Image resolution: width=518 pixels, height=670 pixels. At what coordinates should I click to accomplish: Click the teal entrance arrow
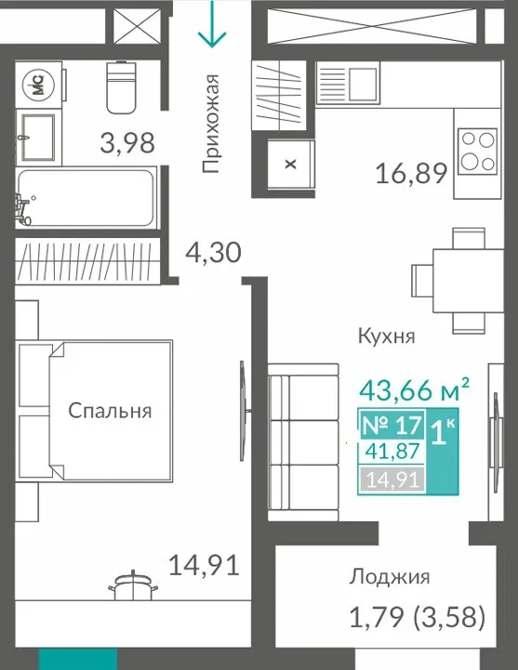212,22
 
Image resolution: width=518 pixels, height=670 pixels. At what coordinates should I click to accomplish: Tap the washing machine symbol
39,85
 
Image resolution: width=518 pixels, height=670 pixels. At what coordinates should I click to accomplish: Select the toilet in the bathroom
121,87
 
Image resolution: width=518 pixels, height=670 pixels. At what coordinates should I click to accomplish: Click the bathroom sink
38,138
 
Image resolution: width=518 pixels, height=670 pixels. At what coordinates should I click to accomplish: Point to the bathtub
86,198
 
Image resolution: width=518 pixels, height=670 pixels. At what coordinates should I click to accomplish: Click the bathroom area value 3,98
127,143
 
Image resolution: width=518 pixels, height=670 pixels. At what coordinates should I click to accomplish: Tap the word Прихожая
211,124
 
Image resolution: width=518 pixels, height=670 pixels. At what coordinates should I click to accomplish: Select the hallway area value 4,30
213,253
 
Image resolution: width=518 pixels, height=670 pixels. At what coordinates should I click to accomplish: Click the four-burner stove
478,151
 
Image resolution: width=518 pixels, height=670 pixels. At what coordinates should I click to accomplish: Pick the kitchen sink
348,84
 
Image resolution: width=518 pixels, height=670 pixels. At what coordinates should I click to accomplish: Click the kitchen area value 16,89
411,174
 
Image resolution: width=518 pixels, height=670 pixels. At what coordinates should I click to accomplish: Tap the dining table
468,281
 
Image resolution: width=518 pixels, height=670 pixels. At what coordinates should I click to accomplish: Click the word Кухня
387,336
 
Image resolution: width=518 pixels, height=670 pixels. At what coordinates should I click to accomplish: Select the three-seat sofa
304,442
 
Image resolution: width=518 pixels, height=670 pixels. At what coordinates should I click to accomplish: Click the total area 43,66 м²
414,389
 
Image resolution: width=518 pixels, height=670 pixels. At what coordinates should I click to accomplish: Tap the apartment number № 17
392,426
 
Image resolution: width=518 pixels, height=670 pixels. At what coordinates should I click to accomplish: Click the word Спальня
110,411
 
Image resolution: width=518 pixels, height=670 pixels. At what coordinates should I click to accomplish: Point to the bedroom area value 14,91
204,565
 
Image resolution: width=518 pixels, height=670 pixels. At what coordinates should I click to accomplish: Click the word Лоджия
390,578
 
